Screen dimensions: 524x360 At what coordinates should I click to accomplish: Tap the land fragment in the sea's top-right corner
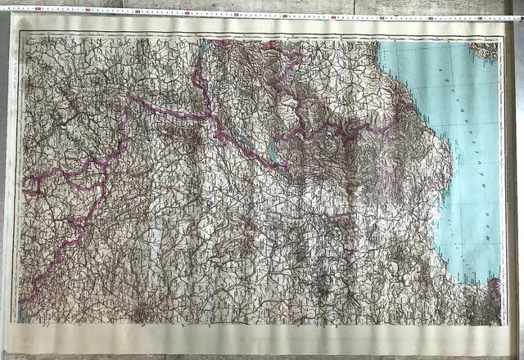486,51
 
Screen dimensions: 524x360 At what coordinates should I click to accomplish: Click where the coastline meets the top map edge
378,40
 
